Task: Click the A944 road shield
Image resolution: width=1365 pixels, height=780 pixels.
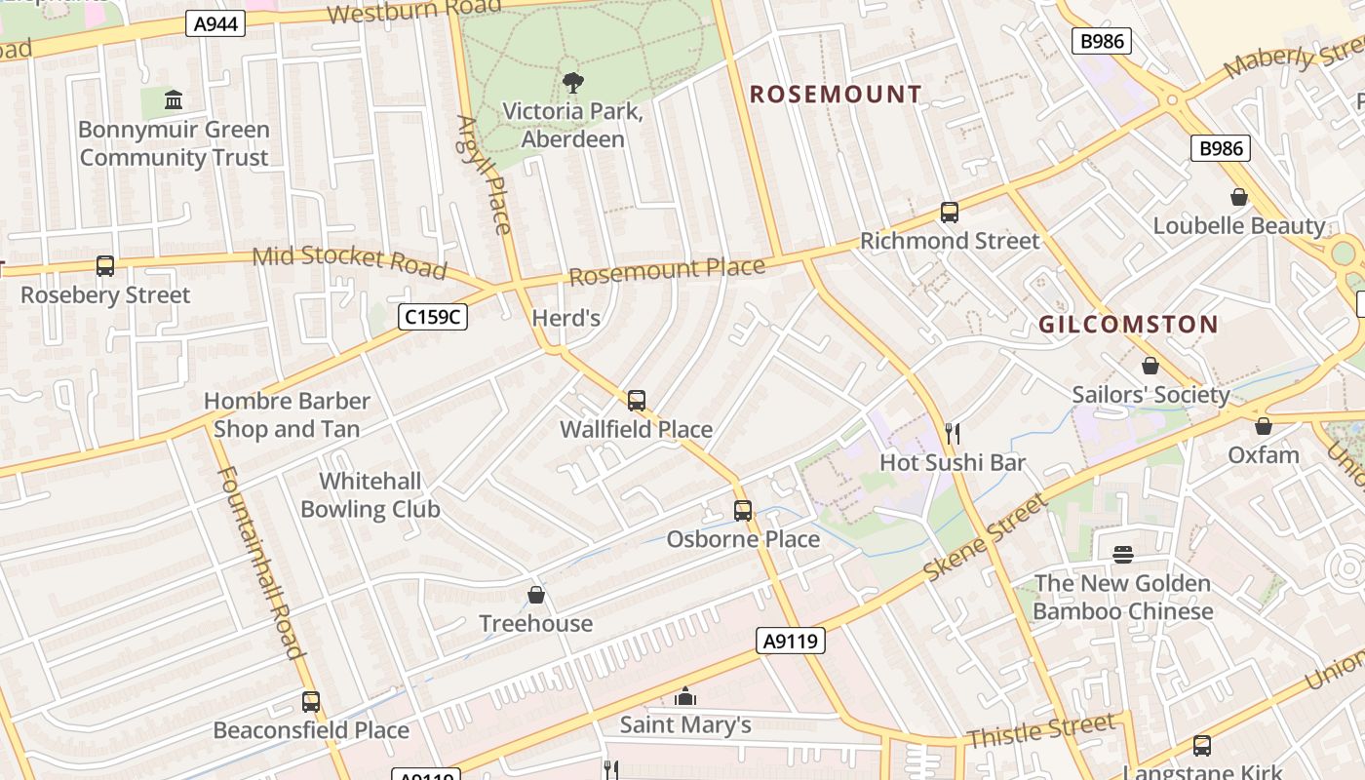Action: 215,23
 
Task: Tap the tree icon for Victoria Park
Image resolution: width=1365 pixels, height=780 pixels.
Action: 572,83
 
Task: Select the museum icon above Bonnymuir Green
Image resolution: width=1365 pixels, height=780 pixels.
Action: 174,99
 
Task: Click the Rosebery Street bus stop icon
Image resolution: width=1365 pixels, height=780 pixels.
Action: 105,265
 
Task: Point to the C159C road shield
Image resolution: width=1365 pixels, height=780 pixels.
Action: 433,316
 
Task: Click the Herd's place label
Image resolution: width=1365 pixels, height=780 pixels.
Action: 565,318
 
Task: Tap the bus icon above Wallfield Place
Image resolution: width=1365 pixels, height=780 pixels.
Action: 637,400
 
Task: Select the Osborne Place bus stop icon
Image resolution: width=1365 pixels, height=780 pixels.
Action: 743,510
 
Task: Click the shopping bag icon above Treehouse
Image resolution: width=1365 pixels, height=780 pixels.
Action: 535,595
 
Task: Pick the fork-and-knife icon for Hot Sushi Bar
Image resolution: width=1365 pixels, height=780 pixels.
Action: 953,433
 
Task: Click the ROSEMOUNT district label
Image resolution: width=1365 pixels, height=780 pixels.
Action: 835,95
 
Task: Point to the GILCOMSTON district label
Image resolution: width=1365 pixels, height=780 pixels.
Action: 1128,325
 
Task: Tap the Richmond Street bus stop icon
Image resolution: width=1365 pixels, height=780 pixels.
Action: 949,212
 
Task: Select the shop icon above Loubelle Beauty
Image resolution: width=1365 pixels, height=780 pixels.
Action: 1239,197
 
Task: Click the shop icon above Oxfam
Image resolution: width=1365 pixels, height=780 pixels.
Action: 1264,426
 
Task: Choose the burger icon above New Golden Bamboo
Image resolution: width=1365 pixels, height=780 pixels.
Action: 1123,555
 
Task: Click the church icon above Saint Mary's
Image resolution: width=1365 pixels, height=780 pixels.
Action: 685,696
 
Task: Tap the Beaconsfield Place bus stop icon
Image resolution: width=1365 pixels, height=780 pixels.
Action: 311,701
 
